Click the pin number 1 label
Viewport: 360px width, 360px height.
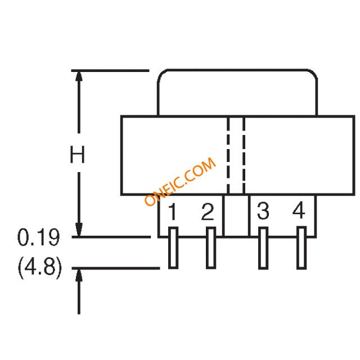[x=173, y=213]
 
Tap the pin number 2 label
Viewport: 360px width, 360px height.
[x=208, y=212]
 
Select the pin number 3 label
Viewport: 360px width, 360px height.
[x=263, y=212]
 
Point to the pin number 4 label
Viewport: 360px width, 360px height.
[x=299, y=212]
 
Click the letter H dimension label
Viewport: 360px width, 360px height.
[x=77, y=155]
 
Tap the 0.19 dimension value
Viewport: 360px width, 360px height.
[x=39, y=238]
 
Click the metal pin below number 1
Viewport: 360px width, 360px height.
[x=173, y=247]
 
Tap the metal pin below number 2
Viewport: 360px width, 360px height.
[x=211, y=247]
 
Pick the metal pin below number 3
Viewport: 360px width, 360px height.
[x=263, y=247]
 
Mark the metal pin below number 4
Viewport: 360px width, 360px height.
[x=301, y=247]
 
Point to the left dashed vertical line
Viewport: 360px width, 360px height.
[x=228, y=155]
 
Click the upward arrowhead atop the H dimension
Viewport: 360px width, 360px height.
[x=79, y=79]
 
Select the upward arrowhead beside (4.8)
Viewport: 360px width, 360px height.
[x=79, y=276]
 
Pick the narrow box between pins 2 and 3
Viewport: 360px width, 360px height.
[x=236, y=216]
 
